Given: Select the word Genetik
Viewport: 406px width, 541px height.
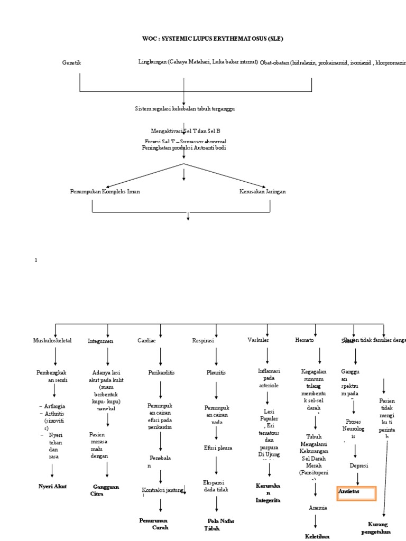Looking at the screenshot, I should point(71,63).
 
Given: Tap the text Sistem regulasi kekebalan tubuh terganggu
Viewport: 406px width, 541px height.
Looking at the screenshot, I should point(184,108).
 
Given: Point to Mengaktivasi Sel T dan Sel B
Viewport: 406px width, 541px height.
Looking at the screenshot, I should point(185,130).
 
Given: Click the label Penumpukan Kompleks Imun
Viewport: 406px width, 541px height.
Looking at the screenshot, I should point(105,191).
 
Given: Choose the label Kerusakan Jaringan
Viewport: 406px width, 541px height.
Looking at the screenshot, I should point(262,191).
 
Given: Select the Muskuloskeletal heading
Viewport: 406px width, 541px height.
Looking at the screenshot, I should point(52,341).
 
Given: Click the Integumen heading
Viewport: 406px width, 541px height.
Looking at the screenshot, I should point(100,341).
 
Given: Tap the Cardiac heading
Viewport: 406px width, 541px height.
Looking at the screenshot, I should point(146,341).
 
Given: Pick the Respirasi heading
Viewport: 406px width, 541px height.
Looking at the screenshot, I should point(203,341).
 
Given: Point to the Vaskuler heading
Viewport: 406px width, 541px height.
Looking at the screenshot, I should point(259,340).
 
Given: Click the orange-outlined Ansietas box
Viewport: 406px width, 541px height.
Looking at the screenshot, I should point(357,493).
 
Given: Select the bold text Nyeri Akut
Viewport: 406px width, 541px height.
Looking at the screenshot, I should point(53,486).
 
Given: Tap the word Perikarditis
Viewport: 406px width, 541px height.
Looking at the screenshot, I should point(161,372).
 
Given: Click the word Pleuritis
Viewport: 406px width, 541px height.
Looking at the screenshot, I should point(216,372).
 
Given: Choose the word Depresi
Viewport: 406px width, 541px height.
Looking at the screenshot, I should point(359,465).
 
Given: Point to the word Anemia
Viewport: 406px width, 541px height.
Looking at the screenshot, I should point(318,508).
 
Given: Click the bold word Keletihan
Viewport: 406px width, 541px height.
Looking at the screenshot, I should point(317,536).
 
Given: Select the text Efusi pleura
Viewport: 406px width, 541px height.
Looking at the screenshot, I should point(218,447).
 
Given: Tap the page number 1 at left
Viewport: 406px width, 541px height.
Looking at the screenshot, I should point(36,260).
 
